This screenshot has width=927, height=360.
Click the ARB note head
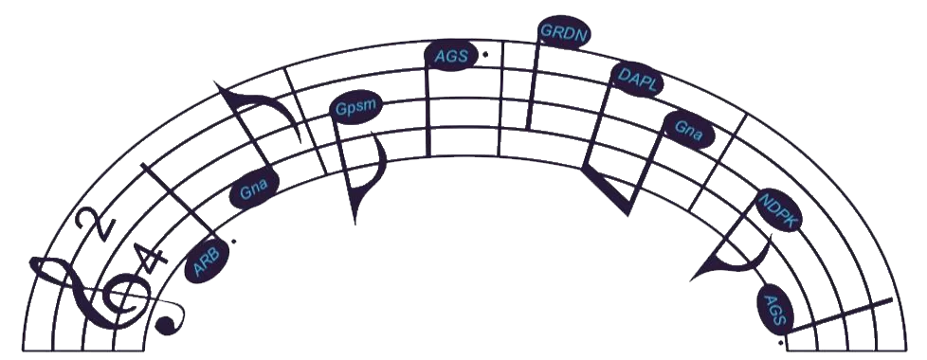pos(207,261)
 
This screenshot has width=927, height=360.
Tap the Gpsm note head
pos(355,108)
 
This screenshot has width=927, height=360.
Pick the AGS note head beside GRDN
pos(451,56)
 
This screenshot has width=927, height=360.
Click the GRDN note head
pos(563,34)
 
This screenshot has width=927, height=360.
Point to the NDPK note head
pos(780,209)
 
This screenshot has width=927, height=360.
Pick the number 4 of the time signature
pos(149,261)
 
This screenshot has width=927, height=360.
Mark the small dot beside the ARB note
pos(234,241)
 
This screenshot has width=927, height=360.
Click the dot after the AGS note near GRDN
pos(485,54)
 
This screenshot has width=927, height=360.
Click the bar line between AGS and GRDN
pos(501,99)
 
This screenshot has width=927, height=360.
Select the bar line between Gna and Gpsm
pos(305,120)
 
